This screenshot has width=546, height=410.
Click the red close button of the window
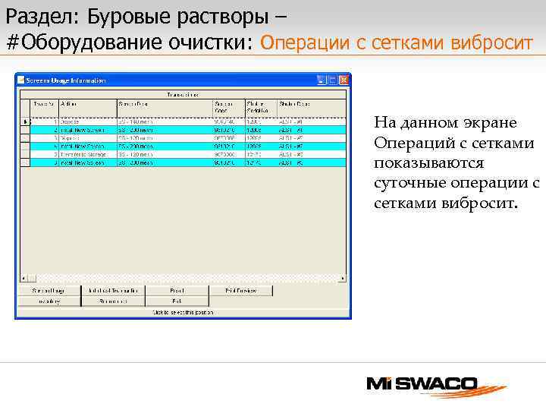click(x=344, y=79)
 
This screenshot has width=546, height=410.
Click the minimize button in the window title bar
click(x=322, y=79)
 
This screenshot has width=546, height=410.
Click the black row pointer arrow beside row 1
click(x=24, y=121)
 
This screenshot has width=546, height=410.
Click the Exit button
click(x=177, y=301)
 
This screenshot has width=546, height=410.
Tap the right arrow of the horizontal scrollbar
click(x=343, y=277)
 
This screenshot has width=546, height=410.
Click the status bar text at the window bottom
click(x=182, y=311)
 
